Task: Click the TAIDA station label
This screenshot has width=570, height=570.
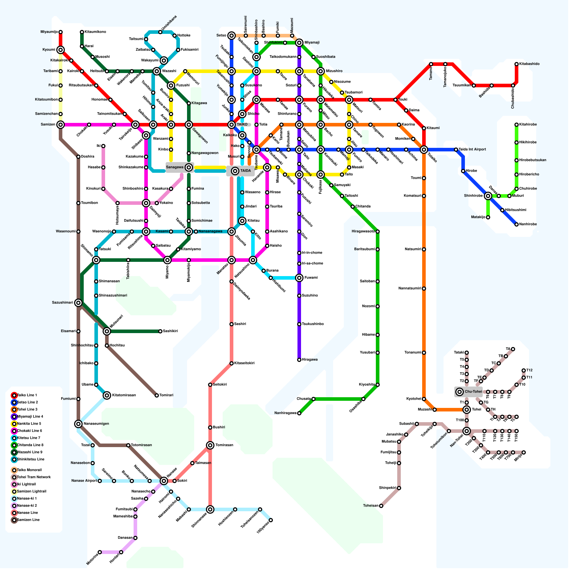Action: coord(245,171)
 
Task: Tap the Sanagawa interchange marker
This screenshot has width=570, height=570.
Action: coord(189,167)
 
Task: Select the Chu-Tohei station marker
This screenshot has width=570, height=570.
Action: coord(460,392)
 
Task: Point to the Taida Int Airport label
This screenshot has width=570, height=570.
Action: coord(472,150)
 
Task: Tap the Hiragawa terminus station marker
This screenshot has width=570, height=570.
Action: coord(299,360)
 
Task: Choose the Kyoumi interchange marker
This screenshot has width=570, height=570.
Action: coord(61,50)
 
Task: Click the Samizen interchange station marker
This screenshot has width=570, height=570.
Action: coord(61,125)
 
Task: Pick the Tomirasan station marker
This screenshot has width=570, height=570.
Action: coord(210,445)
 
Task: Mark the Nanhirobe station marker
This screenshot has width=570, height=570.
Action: coord(517,224)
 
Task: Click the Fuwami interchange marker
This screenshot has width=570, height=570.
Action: coord(299,278)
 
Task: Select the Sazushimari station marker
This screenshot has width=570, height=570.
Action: coord(78,303)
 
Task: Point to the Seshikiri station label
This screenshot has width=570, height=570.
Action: coord(170,331)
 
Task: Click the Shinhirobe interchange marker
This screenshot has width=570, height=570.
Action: coord(488,196)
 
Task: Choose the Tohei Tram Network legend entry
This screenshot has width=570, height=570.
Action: coord(34,477)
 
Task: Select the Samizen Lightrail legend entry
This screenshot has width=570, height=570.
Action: coord(32,492)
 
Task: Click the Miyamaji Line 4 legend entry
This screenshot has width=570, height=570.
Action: coord(30,417)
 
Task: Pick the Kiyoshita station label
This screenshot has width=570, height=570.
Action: coord(367,385)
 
